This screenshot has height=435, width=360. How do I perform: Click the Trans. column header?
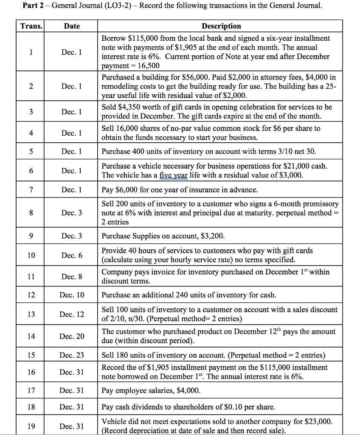point(31,26)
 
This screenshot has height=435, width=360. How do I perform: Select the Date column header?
point(72,26)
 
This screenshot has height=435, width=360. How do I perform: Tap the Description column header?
point(221,26)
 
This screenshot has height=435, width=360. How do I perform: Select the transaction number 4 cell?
point(31,133)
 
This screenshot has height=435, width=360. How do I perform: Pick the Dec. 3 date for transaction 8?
point(72,213)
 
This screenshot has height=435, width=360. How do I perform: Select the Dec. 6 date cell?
point(72,255)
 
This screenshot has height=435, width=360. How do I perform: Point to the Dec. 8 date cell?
point(72,277)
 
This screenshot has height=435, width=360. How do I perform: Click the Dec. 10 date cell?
point(72,295)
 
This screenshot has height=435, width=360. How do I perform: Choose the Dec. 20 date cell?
point(72,336)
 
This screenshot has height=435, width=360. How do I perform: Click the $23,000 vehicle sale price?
point(318,422)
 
